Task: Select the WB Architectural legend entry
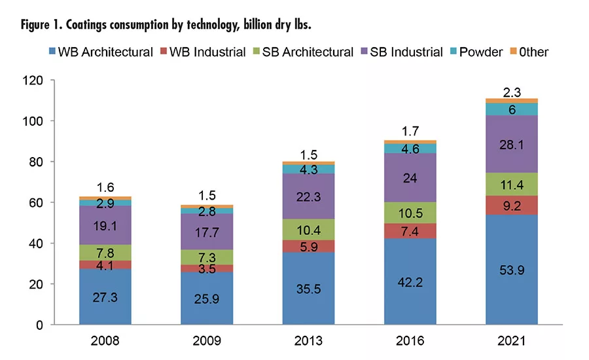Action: (107, 52)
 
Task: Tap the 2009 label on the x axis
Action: (207, 340)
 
